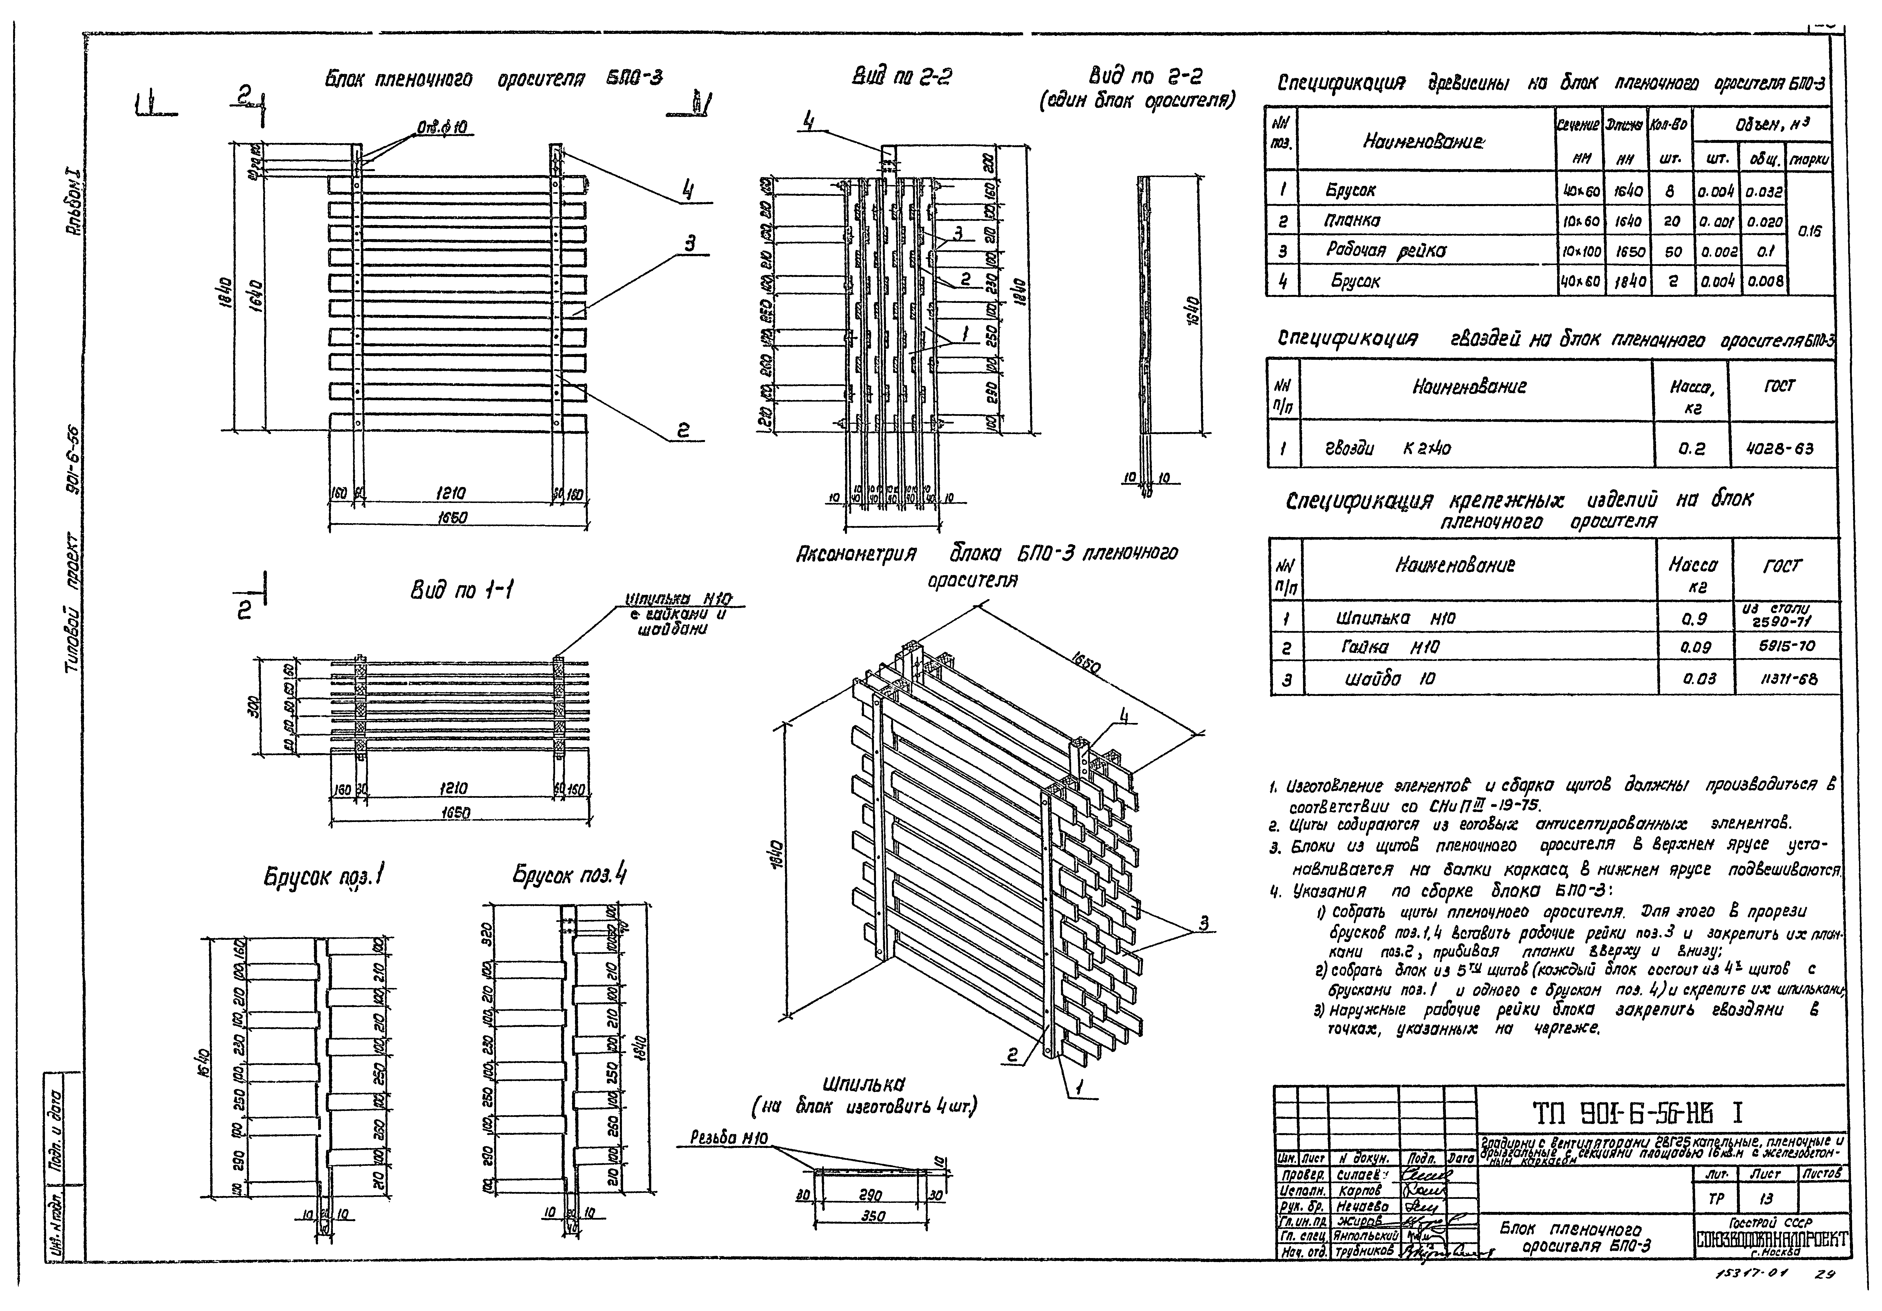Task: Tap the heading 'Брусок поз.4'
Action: (x=570, y=875)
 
